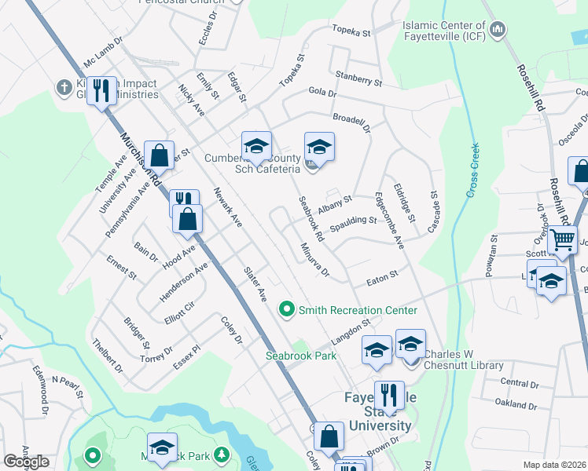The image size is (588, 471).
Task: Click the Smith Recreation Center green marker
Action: [287, 310]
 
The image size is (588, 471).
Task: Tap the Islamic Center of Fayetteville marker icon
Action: [497, 31]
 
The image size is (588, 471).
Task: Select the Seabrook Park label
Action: [300, 356]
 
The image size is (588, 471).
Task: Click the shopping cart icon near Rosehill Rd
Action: [562, 240]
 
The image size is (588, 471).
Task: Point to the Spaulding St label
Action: [353, 225]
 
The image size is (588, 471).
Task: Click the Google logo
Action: [26, 461]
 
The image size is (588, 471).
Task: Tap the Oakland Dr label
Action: [516, 404]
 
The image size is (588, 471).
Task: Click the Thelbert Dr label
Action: [108, 356]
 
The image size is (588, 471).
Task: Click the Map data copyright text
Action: [555, 465]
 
